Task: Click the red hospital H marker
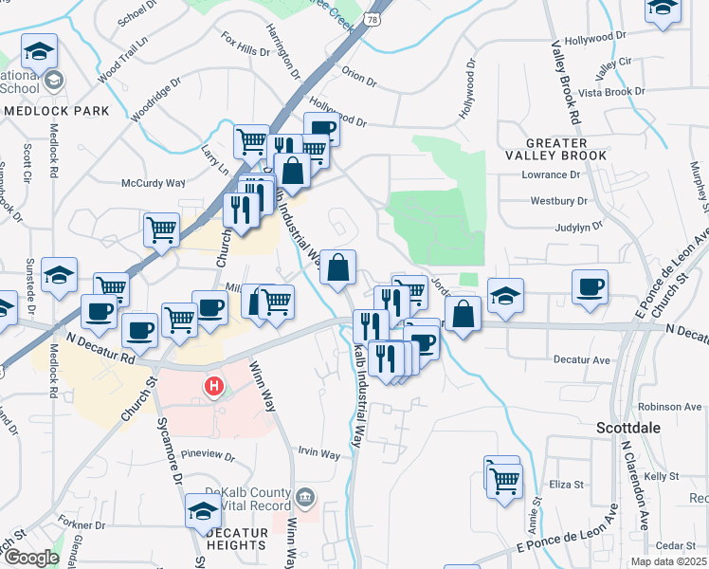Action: pos(215,387)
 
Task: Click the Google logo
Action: pos(30,558)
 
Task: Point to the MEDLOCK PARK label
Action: pos(57,111)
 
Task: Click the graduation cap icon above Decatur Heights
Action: pos(203,510)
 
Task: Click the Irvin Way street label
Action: pos(318,454)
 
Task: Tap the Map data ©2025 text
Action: pos(667,561)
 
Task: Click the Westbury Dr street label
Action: pos(554,201)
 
